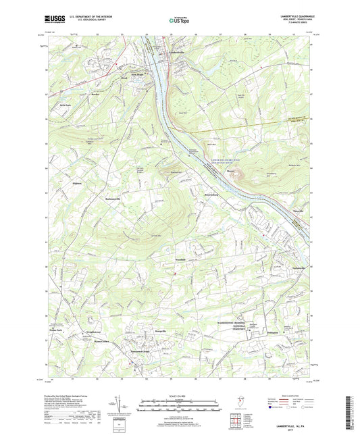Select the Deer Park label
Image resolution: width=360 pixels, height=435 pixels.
click(x=65, y=105)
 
